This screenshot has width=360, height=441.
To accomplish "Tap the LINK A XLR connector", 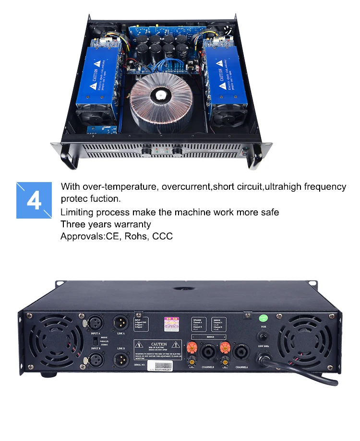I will (120, 321).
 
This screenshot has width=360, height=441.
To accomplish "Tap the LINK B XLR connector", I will (120, 359).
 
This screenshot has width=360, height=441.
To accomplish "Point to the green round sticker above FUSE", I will (263, 318).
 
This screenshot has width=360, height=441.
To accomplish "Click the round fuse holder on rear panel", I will (263, 338).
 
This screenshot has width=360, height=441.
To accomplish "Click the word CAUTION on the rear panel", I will (159, 344).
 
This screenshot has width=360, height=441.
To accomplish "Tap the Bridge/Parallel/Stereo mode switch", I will (96, 340).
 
